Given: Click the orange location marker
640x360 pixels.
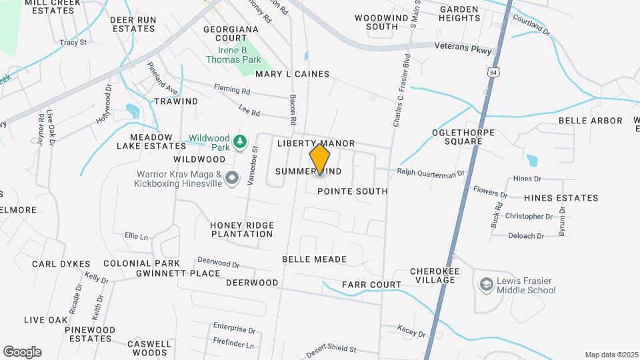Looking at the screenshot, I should pyautogui.click(x=320, y=159).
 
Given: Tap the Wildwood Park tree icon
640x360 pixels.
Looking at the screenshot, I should pyautogui.click(x=240, y=141).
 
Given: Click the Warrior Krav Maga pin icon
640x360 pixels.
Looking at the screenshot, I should pyautogui.click(x=232, y=178).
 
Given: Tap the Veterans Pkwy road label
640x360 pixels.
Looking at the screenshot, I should pyautogui.click(x=462, y=50).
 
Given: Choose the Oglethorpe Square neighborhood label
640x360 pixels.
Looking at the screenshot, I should pyautogui.click(x=463, y=137).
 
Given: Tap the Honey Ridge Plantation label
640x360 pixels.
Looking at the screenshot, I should pyautogui.click(x=241, y=229).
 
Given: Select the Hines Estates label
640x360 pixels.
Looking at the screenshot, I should pyautogui.click(x=561, y=198).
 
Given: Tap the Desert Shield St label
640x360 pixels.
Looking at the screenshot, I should pyautogui.click(x=331, y=350).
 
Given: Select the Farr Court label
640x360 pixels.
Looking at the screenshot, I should pyautogui.click(x=371, y=285).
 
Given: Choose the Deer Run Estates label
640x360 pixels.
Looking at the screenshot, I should pyautogui.click(x=133, y=25).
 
